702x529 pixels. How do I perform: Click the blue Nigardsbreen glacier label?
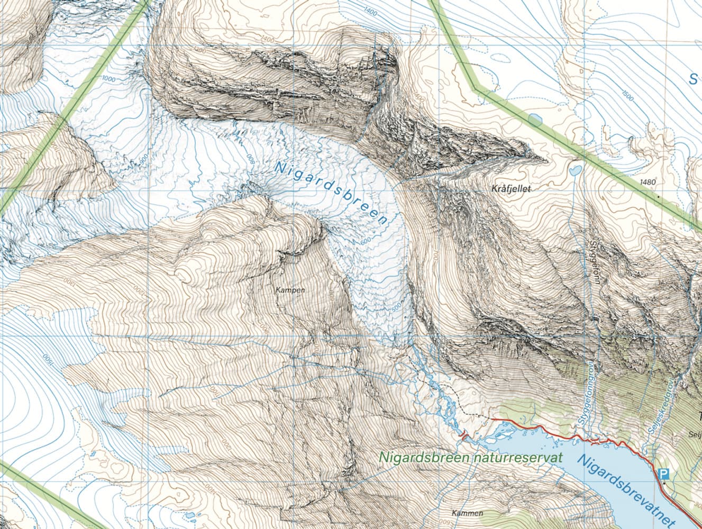pos(331,194)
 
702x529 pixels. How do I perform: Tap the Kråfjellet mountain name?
pos(510,188)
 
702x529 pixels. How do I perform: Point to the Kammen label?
pos(468,513)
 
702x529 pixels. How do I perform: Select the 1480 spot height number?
pos(647,182)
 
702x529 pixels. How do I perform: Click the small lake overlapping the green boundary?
pos(534,119)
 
